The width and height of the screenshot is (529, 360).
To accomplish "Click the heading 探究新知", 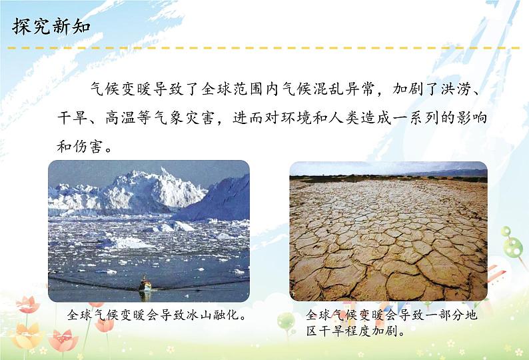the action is pyautogui.click(x=51, y=27).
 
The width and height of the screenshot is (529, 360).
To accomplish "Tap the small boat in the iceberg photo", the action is pyautogui.click(x=146, y=284).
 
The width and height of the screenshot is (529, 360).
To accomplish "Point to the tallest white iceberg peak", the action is pyautogui.click(x=165, y=172).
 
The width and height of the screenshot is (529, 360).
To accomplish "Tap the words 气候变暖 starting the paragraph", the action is pyautogui.click(x=120, y=89).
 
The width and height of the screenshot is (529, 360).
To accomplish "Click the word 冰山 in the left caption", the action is pyautogui.click(x=199, y=315).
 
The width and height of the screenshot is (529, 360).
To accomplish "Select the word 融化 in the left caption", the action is pyautogui.click(x=225, y=315).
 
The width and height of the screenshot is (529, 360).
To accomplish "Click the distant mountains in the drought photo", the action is pyautogui.click(x=448, y=173).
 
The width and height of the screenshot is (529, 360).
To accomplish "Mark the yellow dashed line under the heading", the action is pyautogui.click(x=263, y=48).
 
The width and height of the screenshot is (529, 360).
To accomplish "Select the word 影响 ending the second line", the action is pyautogui.click(x=472, y=118).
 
